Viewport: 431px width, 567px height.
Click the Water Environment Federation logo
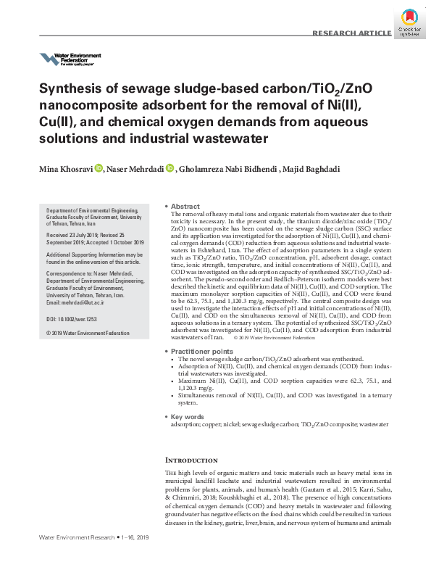[x=70, y=59]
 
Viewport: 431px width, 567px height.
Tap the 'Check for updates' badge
[x=411, y=22]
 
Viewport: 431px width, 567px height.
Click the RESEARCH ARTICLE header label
[x=351, y=34]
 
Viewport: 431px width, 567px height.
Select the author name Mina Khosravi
[x=64, y=169]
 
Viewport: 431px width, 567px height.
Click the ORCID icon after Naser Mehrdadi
[x=170, y=168]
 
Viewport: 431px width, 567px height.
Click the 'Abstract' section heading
[x=185, y=207]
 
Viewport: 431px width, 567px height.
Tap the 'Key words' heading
[x=188, y=417]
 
